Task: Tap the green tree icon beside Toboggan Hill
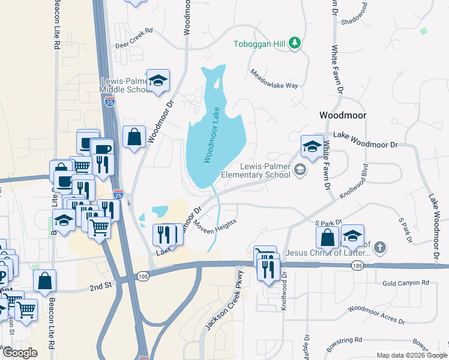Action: (294, 43)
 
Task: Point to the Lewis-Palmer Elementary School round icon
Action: (299, 171)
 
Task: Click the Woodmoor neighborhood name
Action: (343, 115)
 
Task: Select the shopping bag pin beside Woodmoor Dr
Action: (134, 136)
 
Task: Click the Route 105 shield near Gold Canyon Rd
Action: (358, 265)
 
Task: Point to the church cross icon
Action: (379, 247)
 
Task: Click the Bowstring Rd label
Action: (344, 341)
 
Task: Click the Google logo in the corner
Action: (20, 353)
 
